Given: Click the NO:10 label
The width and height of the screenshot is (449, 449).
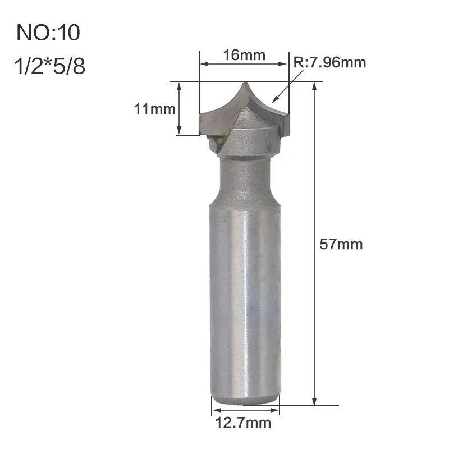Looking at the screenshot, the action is pyautogui.click(x=48, y=33).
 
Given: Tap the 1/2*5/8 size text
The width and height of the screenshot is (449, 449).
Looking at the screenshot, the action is pyautogui.click(x=49, y=66).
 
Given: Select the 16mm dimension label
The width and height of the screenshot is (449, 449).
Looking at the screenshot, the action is pyautogui.click(x=244, y=55).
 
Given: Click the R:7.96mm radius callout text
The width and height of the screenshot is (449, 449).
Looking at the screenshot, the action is pyautogui.click(x=329, y=62).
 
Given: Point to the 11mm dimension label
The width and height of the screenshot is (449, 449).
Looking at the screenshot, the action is pyautogui.click(x=155, y=109).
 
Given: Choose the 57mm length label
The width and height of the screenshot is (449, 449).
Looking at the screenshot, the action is pyautogui.click(x=341, y=244).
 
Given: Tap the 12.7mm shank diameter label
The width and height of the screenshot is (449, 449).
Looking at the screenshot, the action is pyautogui.click(x=243, y=423).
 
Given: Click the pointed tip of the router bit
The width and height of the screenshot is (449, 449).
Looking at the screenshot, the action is pyautogui.click(x=245, y=83).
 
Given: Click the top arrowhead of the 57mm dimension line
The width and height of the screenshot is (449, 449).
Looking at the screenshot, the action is pyautogui.click(x=314, y=85).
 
